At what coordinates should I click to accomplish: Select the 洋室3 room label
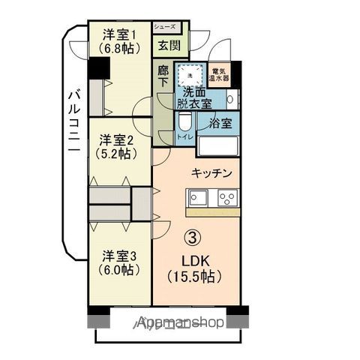coord(118,255)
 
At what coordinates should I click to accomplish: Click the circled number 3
coord(192,239)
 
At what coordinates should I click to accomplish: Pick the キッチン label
coord(212,172)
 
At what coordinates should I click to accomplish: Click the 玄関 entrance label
coord(169,45)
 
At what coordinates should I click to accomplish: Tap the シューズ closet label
coord(164,26)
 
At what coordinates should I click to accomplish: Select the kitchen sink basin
coord(198,198)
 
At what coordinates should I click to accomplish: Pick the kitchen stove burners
coord(226,198)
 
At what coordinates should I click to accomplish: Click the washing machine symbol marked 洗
coord(190,76)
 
